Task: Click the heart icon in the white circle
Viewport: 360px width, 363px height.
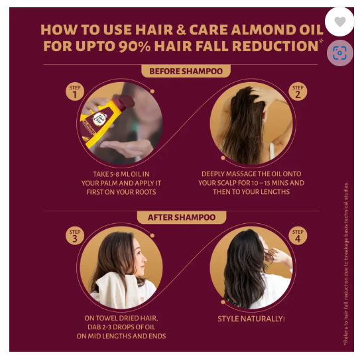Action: [339, 22]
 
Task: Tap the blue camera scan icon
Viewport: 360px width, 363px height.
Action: [339, 53]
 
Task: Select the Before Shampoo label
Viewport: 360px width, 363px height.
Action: [186, 71]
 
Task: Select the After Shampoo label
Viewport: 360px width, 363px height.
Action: [182, 217]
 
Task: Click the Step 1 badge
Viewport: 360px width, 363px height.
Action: [75, 91]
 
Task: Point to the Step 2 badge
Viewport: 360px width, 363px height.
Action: [298, 91]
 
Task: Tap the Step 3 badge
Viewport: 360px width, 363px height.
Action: [75, 236]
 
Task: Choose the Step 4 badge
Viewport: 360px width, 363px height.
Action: [298, 236]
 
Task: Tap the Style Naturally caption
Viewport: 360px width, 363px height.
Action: [251, 319]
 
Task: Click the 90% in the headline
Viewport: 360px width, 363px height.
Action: [135, 46]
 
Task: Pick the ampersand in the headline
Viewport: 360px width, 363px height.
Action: [181, 30]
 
